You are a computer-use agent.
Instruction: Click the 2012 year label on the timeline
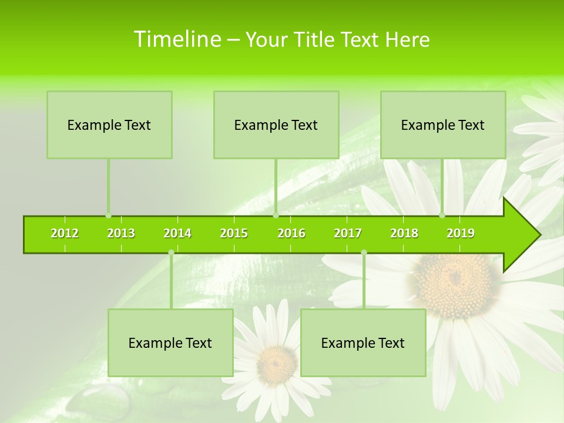(x=65, y=233)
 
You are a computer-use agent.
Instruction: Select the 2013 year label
(x=121, y=233)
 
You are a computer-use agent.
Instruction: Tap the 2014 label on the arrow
(x=177, y=233)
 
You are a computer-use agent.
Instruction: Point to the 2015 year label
(x=234, y=233)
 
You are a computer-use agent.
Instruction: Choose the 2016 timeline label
(x=291, y=233)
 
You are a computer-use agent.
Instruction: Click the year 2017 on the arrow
(x=348, y=233)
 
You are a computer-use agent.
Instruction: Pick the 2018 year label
(x=404, y=233)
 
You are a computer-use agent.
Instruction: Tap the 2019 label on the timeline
(x=461, y=233)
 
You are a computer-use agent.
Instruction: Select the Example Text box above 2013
(x=109, y=125)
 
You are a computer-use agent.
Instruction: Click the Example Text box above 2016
(x=276, y=125)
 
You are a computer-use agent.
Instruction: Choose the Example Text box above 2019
(x=443, y=125)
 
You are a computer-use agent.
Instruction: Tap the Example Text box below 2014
(x=170, y=343)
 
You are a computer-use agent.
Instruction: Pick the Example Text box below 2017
(x=363, y=343)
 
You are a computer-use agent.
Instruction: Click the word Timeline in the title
(x=176, y=39)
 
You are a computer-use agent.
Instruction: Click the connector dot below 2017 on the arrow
(x=364, y=253)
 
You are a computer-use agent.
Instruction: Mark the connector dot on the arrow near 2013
(x=108, y=216)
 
